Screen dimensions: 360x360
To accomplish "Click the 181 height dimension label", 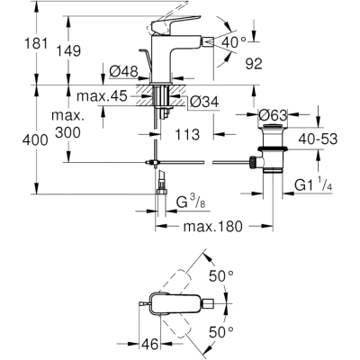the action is [x=36, y=43].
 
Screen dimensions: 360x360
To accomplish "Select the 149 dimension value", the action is [x=68, y=50].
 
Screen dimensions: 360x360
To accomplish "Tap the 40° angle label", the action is [x=234, y=42].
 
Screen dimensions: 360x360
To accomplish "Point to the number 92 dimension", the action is [x=254, y=64].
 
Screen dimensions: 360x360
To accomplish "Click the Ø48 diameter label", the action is [x=123, y=72].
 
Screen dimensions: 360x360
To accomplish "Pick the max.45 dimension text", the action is [x=102, y=96].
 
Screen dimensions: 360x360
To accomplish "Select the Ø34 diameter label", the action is [x=204, y=103].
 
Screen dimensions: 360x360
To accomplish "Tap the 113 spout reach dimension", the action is [x=187, y=134].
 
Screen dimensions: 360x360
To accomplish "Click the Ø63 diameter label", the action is [x=273, y=114].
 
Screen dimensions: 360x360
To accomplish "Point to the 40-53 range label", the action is [x=318, y=139].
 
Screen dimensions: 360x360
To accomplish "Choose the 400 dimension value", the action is [x=35, y=139].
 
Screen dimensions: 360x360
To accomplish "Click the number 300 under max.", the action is [x=67, y=132].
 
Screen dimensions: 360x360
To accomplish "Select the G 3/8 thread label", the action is [x=191, y=202].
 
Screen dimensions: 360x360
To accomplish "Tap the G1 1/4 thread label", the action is [x=313, y=185].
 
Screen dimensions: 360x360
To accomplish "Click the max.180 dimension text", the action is [x=212, y=227].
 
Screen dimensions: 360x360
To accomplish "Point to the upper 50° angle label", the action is [x=221, y=275].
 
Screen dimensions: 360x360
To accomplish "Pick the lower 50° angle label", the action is [x=221, y=332].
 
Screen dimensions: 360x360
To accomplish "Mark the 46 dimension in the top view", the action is [x=149, y=344].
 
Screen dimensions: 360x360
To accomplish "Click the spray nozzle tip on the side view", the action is [x=209, y=42].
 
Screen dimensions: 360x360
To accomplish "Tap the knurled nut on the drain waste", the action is [x=252, y=162].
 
